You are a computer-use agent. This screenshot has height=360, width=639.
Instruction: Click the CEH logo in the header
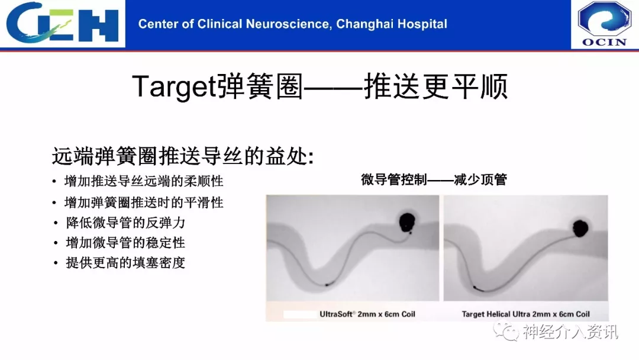[x=62, y=22]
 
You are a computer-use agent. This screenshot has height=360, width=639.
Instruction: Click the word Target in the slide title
[x=173, y=86]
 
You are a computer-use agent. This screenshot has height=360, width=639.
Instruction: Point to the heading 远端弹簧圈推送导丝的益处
[x=183, y=156]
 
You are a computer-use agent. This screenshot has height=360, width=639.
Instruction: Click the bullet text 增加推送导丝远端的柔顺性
[x=144, y=181]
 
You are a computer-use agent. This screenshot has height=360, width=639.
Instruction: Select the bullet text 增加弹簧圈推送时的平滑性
[x=144, y=202]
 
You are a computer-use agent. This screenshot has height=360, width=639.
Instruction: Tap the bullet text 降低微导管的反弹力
[x=125, y=223]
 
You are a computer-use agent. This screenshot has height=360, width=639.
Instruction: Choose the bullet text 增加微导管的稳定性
[x=125, y=243]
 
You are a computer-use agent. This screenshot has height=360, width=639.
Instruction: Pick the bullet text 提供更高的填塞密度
[x=125, y=262]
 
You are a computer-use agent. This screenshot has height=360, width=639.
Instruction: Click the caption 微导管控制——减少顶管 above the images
[x=434, y=179]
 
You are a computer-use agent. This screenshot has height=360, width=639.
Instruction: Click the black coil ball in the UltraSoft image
[x=407, y=223]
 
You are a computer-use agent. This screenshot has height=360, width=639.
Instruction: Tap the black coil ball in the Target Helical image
[x=580, y=228]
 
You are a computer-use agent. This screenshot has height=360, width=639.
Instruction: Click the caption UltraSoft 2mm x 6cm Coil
[x=367, y=314]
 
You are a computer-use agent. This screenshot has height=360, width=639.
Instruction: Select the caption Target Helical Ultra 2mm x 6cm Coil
[x=526, y=314]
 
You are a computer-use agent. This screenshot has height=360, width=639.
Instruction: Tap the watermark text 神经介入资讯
[x=570, y=332]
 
